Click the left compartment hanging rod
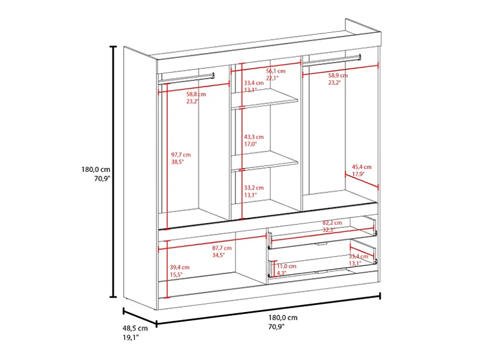coord(187,77)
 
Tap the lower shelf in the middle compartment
coord(265,162)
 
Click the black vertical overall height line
coord(114,171)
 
